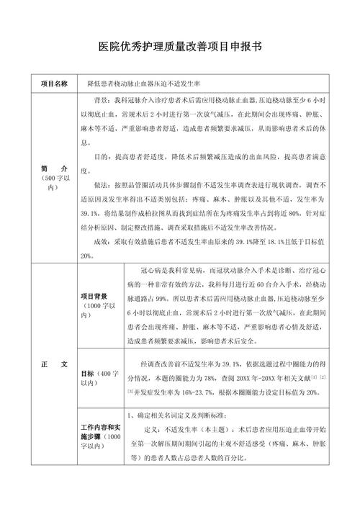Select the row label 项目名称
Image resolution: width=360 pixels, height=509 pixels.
[55, 83]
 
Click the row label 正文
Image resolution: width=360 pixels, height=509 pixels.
[55, 364]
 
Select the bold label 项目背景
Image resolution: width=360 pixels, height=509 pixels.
[94, 295]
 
